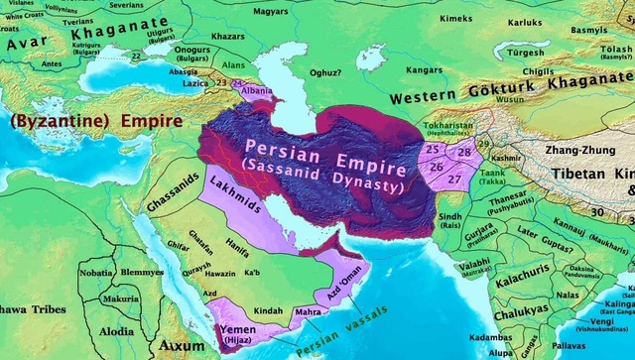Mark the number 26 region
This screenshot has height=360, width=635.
click(x=438, y=168)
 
